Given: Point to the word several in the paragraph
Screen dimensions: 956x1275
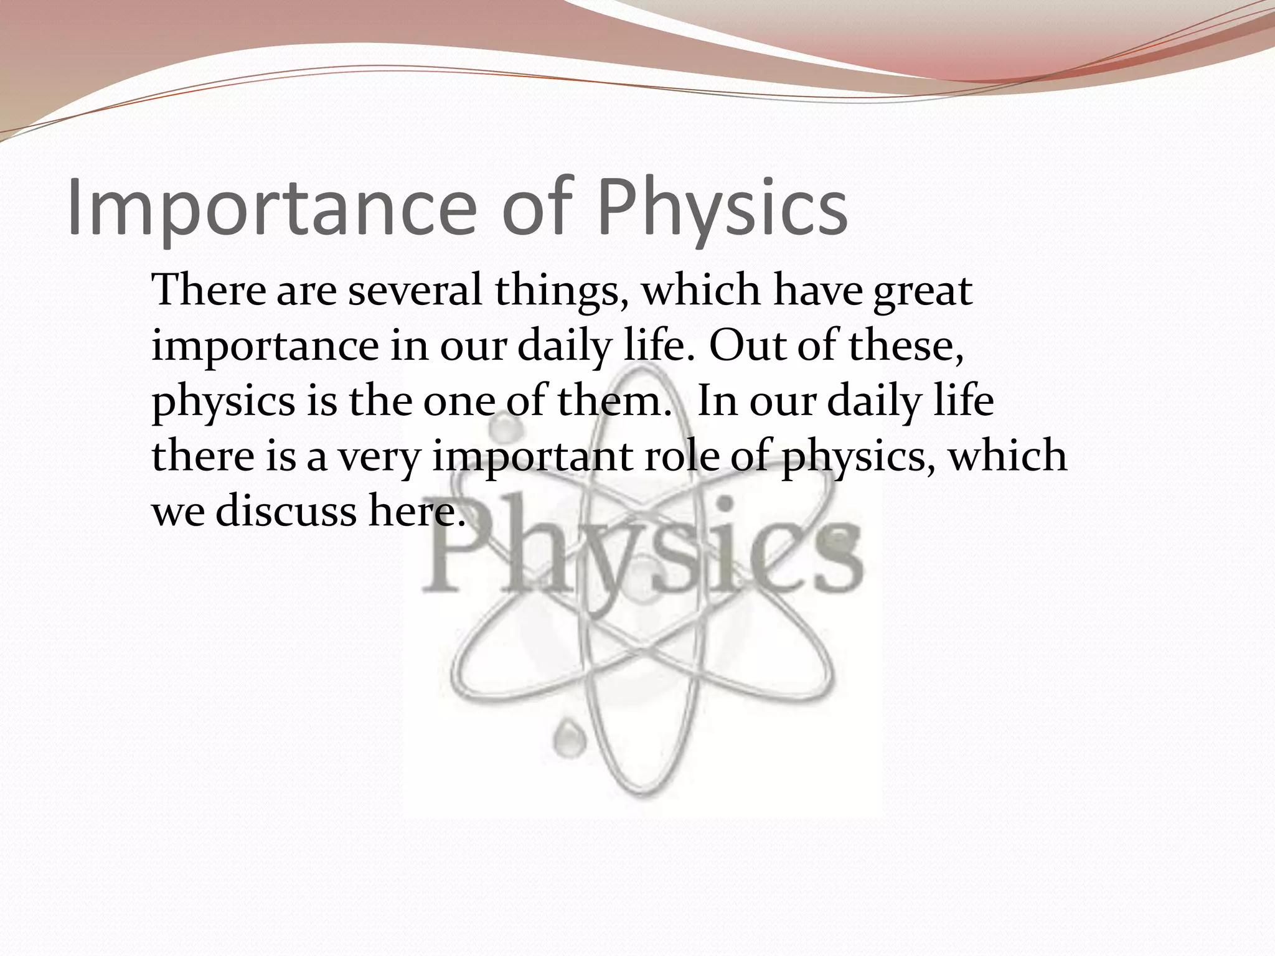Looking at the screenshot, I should click(x=415, y=291).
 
